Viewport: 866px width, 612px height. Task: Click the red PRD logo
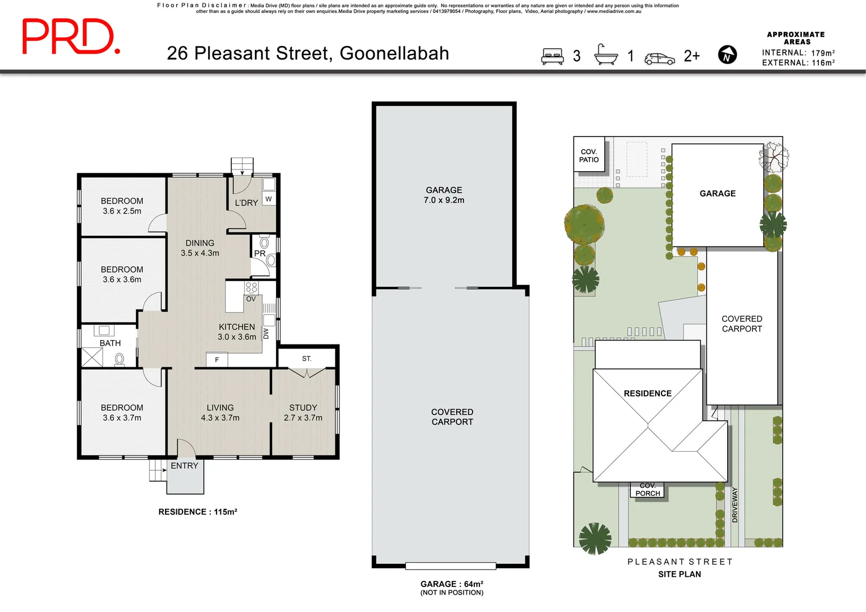click(x=70, y=37)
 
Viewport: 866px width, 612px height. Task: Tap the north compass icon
click(x=727, y=55)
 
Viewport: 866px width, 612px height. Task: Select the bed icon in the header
click(x=552, y=56)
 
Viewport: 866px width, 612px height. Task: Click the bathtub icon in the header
click(x=605, y=55)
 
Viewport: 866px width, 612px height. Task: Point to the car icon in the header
click(x=660, y=58)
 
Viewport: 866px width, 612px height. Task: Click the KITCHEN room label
click(x=237, y=327)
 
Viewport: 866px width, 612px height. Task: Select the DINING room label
click(x=199, y=243)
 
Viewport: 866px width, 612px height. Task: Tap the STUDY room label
click(x=303, y=407)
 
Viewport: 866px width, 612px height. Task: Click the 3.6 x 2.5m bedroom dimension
click(x=122, y=211)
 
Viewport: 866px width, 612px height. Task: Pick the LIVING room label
click(x=220, y=407)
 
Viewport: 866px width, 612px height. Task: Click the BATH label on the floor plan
click(x=110, y=343)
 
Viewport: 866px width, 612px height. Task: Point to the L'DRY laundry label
click(x=247, y=202)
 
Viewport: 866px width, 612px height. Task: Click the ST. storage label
click(x=307, y=359)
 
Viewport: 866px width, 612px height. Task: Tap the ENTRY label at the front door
click(x=184, y=466)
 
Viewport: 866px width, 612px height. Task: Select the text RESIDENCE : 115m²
click(x=197, y=512)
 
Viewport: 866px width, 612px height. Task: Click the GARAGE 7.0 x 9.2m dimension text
click(x=444, y=200)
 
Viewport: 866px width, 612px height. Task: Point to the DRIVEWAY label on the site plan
click(x=735, y=504)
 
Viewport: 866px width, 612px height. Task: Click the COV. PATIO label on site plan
click(x=589, y=156)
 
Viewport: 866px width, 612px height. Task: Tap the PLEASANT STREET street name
click(x=680, y=562)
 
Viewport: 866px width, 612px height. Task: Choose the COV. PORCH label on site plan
click(x=648, y=490)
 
